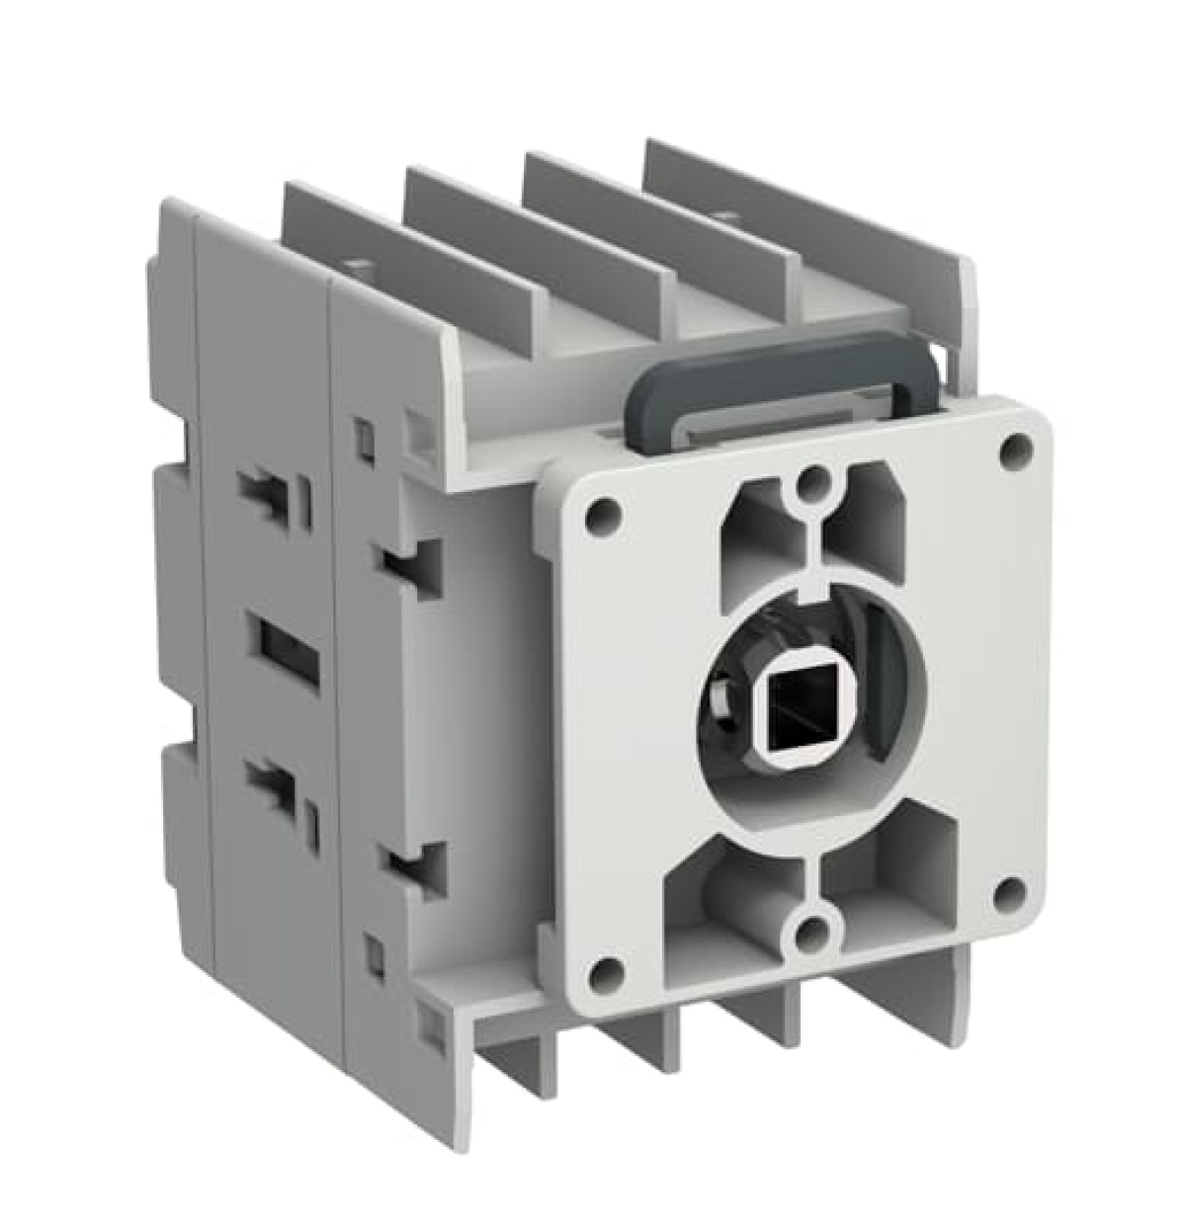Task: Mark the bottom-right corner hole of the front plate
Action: click(x=1009, y=887)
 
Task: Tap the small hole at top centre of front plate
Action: click(x=812, y=481)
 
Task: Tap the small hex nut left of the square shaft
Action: click(x=723, y=693)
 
